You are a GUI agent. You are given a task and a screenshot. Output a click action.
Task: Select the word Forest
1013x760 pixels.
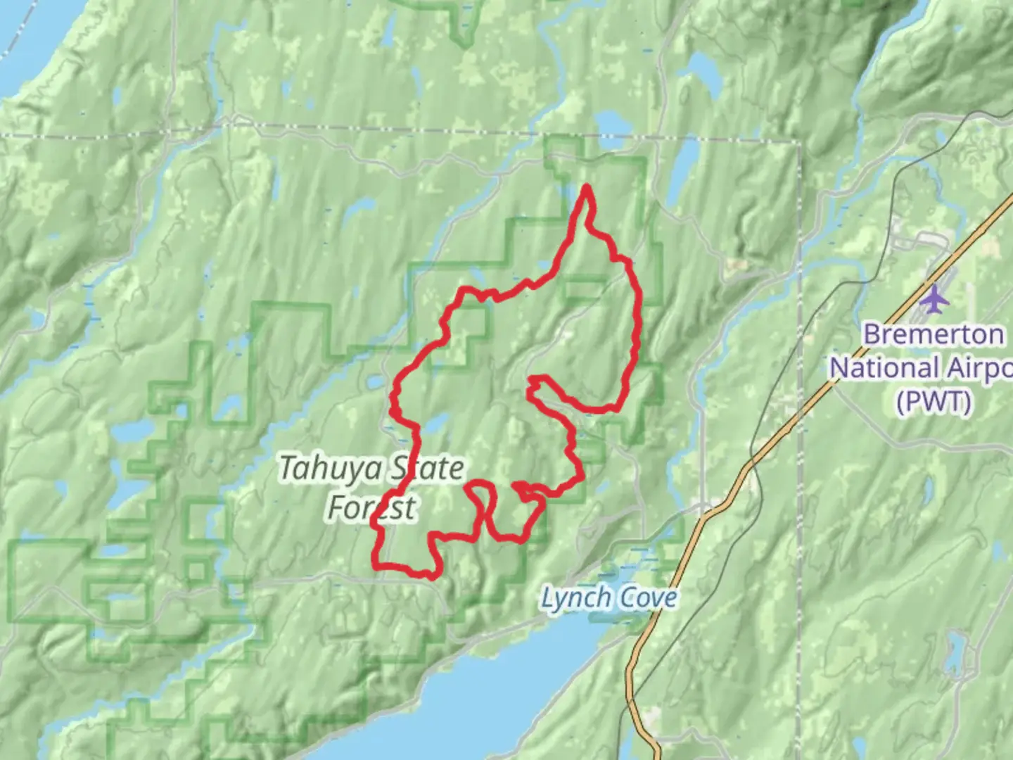372,507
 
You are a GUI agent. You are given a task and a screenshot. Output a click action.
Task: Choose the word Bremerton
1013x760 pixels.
933,334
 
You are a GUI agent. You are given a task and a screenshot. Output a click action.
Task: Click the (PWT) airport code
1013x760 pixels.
933,402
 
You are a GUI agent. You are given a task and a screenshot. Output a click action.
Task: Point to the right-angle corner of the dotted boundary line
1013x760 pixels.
799,143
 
